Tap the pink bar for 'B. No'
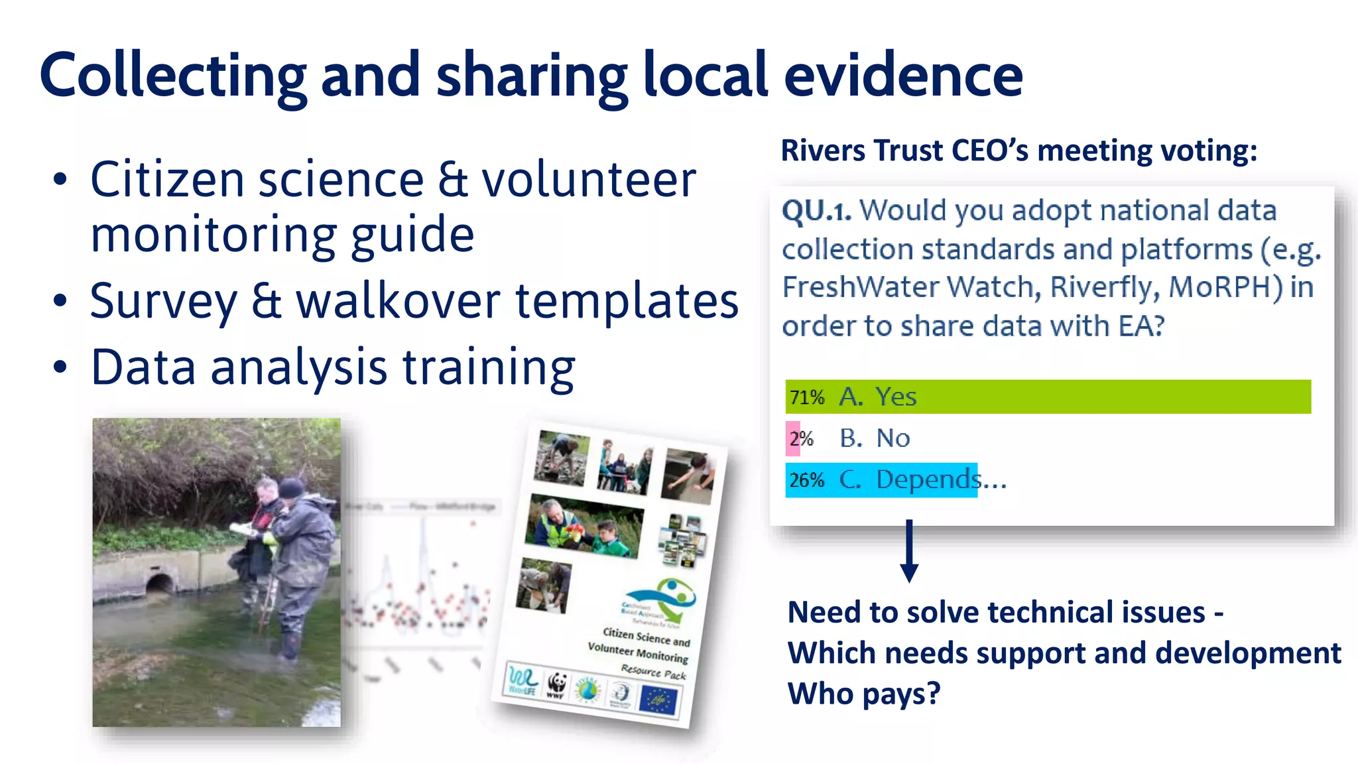tap(792, 438)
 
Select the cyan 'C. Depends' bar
tap(881, 479)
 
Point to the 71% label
tap(806, 397)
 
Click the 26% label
tap(806, 479)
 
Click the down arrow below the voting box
tap(909, 551)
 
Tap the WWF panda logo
tap(557, 684)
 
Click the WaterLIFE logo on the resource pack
tap(521, 680)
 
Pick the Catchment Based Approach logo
tap(663, 600)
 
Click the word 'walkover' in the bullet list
tap(398, 301)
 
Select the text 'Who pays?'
tap(863, 694)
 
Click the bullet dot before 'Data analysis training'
tap(60, 367)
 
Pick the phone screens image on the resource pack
tap(682, 540)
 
